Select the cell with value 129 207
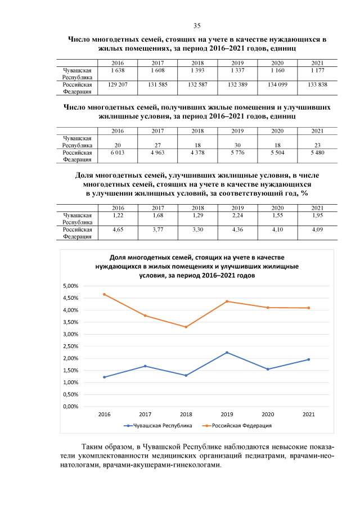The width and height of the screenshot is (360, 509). [118, 84]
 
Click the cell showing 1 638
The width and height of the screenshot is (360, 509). [118, 70]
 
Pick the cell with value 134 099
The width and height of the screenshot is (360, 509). [277, 84]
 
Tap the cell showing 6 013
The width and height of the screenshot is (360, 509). [118, 152]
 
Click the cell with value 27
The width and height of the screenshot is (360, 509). [157, 145]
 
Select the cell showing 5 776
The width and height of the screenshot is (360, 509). [237, 152]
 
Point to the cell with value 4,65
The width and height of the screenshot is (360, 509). [118, 229]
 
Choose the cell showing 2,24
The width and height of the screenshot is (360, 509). [237, 215]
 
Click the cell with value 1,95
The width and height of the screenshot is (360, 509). [317, 215]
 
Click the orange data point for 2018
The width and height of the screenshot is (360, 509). [186, 327]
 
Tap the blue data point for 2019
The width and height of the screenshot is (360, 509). [227, 353]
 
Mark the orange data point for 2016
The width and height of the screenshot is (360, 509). [105, 294]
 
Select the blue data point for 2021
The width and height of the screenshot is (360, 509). [309, 359]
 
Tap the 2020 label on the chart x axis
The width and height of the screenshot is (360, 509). [268, 415]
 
